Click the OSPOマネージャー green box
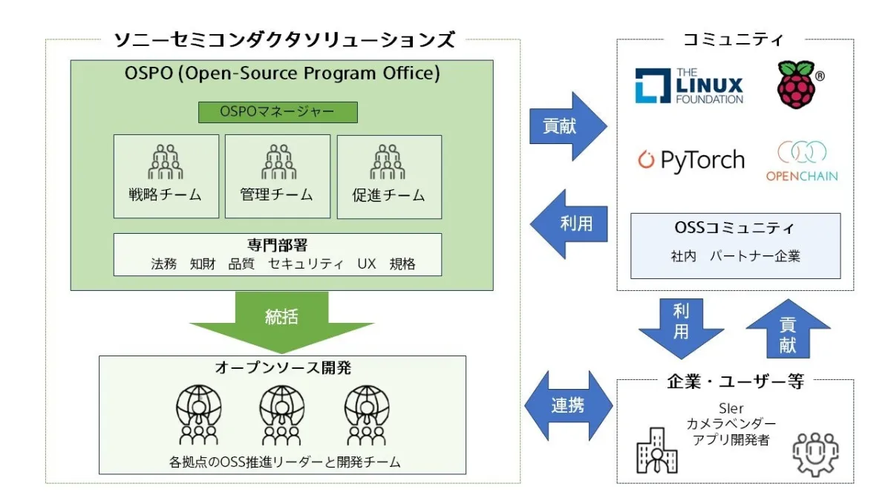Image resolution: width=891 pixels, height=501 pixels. click(278, 112)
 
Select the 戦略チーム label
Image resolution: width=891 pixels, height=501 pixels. click(166, 195)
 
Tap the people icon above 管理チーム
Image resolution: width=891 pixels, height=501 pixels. click(277, 161)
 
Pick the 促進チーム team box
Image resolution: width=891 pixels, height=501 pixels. click(389, 176)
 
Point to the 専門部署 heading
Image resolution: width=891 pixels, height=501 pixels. click(277, 245)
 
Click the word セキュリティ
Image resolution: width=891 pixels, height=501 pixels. click(306, 264)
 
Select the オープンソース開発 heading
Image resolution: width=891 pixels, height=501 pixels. click(282, 369)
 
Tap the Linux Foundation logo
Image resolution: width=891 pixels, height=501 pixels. click(688, 86)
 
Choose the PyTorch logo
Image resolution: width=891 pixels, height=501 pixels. click(691, 160)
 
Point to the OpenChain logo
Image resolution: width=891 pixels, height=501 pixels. click(801, 161)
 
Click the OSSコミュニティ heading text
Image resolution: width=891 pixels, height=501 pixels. click(735, 227)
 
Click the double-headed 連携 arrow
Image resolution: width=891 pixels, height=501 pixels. click(568, 405)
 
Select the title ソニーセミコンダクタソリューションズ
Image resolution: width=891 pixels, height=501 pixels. click(284, 39)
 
